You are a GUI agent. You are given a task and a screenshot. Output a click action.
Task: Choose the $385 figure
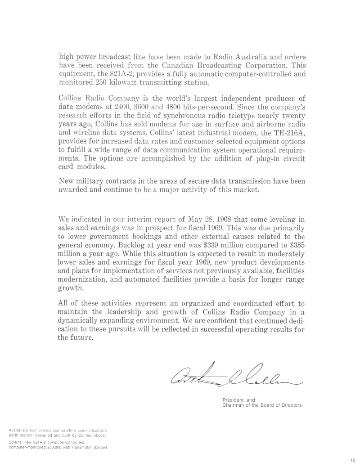[296, 245]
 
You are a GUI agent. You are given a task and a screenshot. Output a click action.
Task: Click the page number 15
[351, 460]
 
